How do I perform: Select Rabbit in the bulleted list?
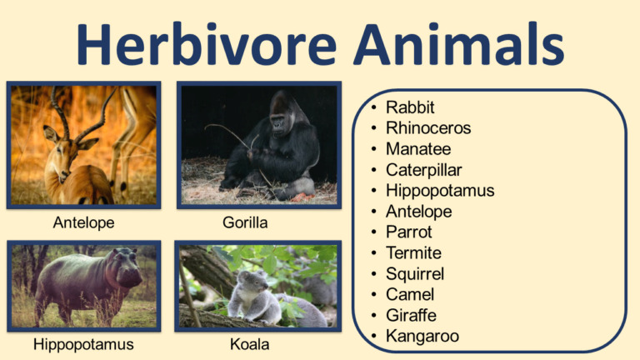click(x=410, y=107)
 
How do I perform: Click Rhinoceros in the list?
click(x=428, y=128)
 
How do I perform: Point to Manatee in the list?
click(x=418, y=149)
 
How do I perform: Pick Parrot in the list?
click(x=409, y=232)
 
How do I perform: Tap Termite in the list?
click(x=413, y=253)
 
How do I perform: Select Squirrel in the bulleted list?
click(x=415, y=274)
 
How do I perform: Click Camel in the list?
click(x=410, y=295)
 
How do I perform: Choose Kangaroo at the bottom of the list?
click(x=422, y=337)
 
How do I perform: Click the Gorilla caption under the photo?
click(x=245, y=223)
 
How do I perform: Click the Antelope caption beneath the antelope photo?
click(x=83, y=223)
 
